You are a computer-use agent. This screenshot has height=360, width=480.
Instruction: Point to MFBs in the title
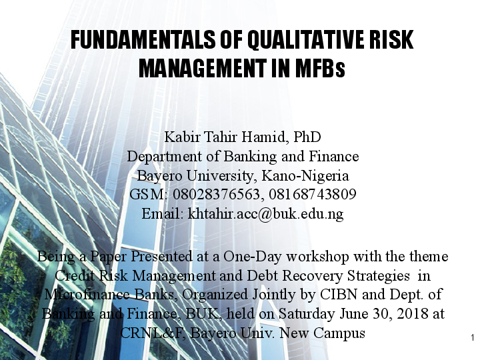click(323, 67)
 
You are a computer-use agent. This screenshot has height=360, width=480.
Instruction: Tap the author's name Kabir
click(181, 138)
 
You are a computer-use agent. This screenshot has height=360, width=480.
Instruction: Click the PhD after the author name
click(303, 138)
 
